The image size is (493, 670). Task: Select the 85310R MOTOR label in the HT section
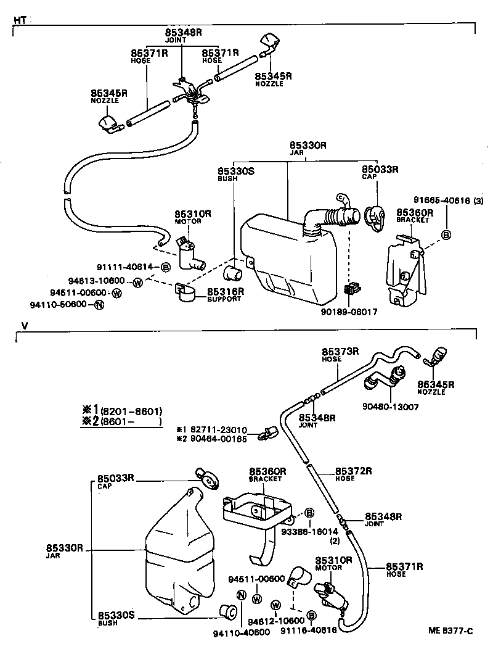193,217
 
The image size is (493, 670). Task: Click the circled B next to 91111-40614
165,267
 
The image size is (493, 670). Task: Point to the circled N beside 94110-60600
99,305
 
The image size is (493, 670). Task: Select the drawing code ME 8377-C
451,630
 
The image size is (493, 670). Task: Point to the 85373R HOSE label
338,354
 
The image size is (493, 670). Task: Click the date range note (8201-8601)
129,410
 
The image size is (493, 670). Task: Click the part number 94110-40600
241,632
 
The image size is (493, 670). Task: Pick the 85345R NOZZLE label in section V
435,387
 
